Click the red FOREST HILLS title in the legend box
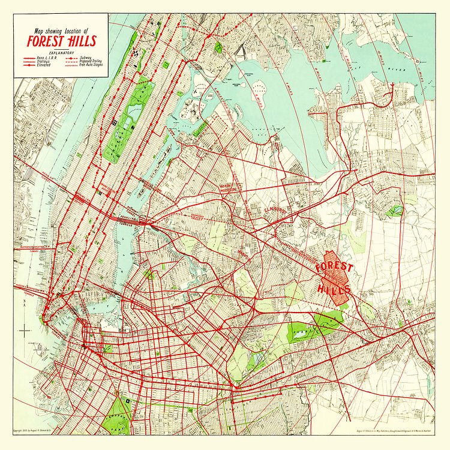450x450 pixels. [60, 42]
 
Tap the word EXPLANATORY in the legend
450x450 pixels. [61, 53]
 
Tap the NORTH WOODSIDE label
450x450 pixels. [230, 188]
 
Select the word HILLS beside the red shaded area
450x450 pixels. [332, 289]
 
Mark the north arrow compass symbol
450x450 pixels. [25, 329]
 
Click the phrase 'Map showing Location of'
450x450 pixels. [61, 31]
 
